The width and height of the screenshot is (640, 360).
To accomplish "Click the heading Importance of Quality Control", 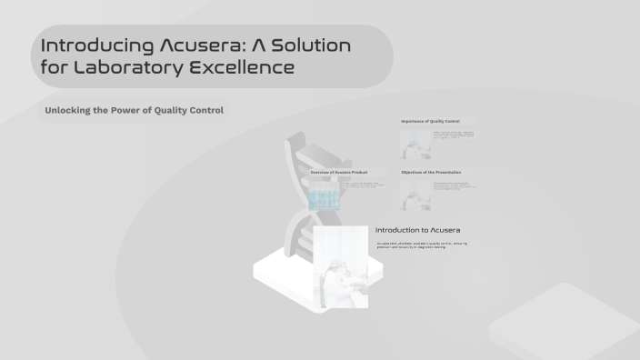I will [431, 121].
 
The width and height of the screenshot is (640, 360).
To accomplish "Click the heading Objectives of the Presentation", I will [431, 172].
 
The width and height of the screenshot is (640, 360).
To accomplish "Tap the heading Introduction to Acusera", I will [418, 230].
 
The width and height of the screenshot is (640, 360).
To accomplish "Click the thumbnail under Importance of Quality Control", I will [415, 145].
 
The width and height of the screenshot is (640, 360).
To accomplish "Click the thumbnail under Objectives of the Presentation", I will [415, 195].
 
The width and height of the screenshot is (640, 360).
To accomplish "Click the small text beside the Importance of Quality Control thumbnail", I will [454, 137].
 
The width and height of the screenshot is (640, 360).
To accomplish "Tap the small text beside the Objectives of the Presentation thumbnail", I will [454, 187].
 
